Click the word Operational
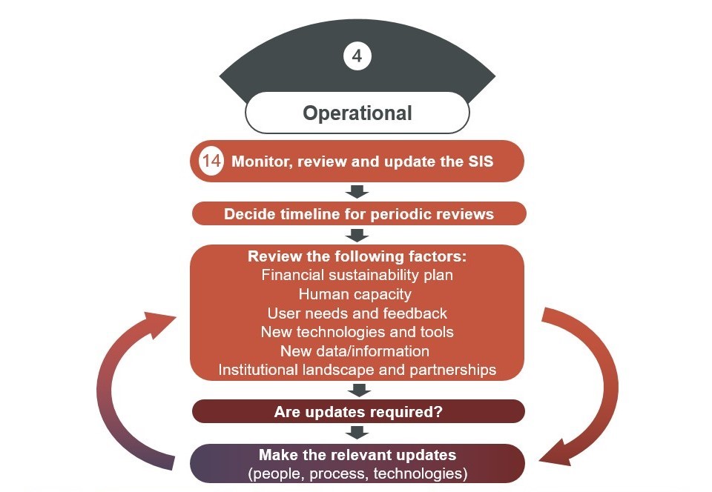coord(357,113)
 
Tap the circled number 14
coord(212,162)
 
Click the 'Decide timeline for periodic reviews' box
coord(359,214)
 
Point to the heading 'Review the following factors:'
coord(357,256)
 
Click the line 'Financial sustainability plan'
coord(357,275)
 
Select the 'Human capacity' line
coord(357,294)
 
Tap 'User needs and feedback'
coord(357,313)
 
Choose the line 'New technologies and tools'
coord(357,332)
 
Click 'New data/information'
coord(357,350)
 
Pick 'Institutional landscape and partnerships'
coord(357,370)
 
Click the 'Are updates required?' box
coord(358,411)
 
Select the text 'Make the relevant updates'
coord(357,454)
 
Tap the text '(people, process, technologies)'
coord(357,473)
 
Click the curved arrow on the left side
coord(119,385)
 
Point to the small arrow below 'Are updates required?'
coord(358,432)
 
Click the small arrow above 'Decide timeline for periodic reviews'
coord(358,192)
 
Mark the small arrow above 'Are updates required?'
coord(358,390)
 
